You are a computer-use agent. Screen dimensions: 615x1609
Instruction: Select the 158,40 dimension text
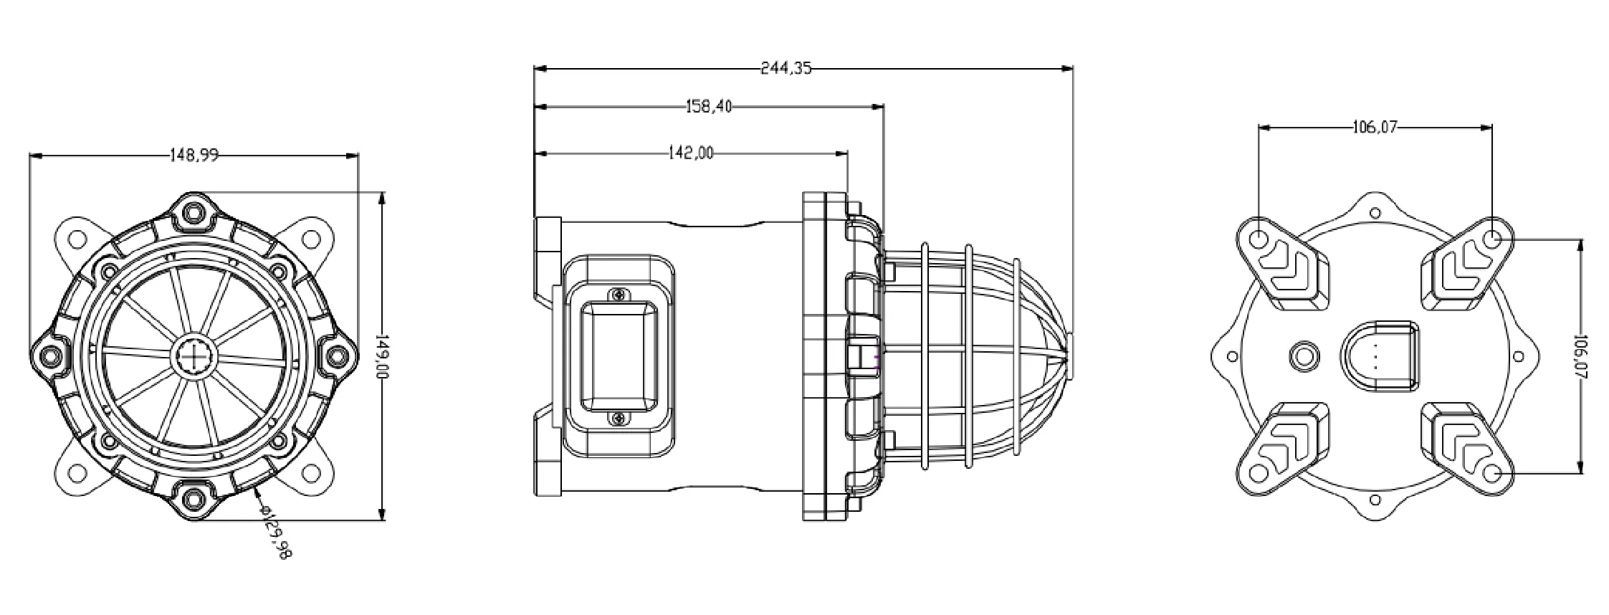[709, 107]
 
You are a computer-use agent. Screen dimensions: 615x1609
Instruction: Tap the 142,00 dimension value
[690, 153]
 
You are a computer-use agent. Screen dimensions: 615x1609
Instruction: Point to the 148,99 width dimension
[194, 155]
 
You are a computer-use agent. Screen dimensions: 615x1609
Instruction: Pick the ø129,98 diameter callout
[276, 531]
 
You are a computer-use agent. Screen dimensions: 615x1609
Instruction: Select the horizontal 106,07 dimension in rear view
[1375, 128]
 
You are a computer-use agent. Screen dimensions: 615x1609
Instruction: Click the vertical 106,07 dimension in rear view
[1580, 356]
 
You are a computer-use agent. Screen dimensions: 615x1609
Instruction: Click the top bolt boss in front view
[194, 212]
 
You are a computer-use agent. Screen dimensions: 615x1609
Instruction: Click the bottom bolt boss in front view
[194, 496]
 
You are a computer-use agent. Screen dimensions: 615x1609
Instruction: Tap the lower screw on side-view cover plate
[617, 419]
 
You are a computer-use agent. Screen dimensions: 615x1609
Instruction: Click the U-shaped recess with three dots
[1378, 356]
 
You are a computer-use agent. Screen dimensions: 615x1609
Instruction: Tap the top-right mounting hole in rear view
[1491, 239]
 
